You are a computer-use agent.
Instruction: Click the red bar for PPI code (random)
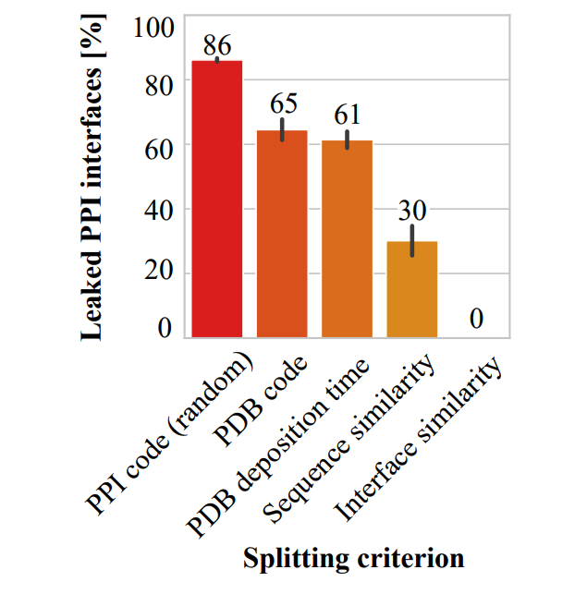click(217, 199)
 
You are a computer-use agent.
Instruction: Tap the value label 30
click(412, 210)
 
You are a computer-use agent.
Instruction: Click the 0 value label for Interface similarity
click(477, 320)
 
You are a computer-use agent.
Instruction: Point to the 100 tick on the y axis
click(153, 26)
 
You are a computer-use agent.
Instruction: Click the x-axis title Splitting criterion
click(352, 558)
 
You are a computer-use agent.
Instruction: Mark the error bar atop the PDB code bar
click(282, 129)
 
